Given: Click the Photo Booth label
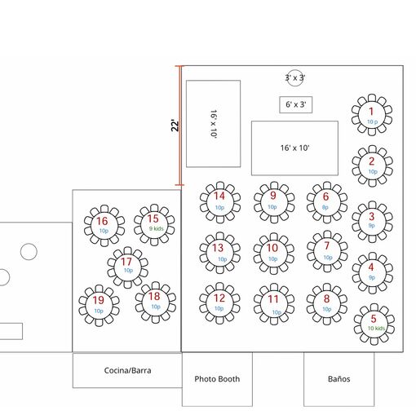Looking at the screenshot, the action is [x=217, y=379].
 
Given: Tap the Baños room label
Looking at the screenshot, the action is [x=339, y=378].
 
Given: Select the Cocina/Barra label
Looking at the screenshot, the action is [x=127, y=370].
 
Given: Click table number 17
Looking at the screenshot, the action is [x=126, y=262].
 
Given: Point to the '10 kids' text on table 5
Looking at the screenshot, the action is [x=376, y=329].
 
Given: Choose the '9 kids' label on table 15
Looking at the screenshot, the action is [x=156, y=228].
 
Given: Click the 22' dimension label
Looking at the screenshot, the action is [x=175, y=126].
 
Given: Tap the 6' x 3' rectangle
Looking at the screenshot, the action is [x=296, y=104].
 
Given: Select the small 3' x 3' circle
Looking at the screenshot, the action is [x=295, y=70].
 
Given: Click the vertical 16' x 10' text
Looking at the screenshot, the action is [x=214, y=124].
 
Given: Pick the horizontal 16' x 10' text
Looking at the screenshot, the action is [x=295, y=148].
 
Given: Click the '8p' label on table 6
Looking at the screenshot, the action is [x=325, y=207].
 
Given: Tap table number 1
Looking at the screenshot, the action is [x=371, y=111].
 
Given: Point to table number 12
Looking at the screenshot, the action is [x=219, y=298].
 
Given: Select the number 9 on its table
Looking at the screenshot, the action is [x=273, y=195].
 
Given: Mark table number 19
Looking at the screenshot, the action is [x=98, y=300].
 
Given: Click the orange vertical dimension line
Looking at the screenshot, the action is [x=180, y=126].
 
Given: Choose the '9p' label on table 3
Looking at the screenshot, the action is [x=371, y=225].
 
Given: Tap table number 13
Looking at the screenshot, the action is [x=218, y=248].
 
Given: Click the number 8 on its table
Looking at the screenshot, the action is [x=326, y=298].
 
